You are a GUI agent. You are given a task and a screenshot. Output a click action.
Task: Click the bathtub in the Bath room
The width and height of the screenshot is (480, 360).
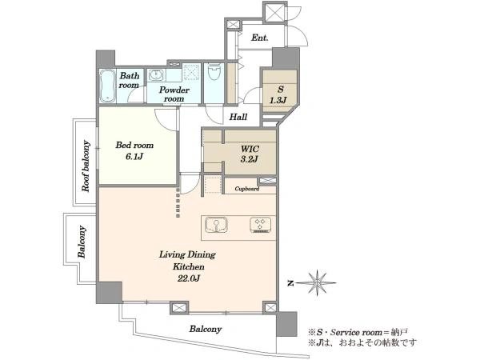(x=107, y=86)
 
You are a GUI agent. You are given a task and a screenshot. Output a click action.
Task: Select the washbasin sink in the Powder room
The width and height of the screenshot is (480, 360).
(x=157, y=74)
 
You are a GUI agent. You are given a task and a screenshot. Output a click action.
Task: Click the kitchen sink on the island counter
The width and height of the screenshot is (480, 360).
(x=216, y=226)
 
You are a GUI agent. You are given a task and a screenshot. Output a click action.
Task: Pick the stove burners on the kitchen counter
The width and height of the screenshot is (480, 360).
(x=260, y=224)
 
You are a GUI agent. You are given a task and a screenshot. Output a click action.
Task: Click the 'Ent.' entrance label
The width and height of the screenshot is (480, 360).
(x=260, y=38)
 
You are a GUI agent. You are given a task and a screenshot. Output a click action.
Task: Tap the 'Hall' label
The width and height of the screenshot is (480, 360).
(x=238, y=117)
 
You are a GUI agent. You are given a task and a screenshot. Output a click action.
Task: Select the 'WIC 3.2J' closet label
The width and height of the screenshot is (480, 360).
(x=250, y=154)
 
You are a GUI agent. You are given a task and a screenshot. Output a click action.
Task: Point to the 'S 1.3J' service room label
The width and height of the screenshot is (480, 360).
(x=278, y=94)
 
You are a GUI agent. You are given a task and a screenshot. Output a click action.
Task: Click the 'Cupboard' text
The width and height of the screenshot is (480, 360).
(x=246, y=189)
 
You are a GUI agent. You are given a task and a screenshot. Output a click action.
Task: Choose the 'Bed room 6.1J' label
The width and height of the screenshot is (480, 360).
(x=134, y=150)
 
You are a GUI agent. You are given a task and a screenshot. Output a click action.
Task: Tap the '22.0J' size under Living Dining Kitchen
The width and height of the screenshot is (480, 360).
(x=188, y=278)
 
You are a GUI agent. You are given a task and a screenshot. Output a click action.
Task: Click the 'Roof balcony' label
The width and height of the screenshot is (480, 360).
(x=86, y=166)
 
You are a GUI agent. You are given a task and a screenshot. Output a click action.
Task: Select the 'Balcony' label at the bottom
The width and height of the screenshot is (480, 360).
(x=205, y=329)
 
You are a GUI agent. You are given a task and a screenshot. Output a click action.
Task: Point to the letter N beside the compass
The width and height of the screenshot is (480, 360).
(x=290, y=284)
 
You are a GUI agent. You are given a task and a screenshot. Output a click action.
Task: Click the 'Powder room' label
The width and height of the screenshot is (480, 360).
(x=174, y=94)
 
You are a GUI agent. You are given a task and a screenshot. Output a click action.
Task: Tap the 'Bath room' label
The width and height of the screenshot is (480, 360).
(x=129, y=80)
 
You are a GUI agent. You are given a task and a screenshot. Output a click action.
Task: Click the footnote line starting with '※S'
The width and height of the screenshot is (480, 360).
(x=358, y=333)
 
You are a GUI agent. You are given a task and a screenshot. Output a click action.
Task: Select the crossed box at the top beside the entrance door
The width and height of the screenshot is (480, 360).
(x=274, y=12)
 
